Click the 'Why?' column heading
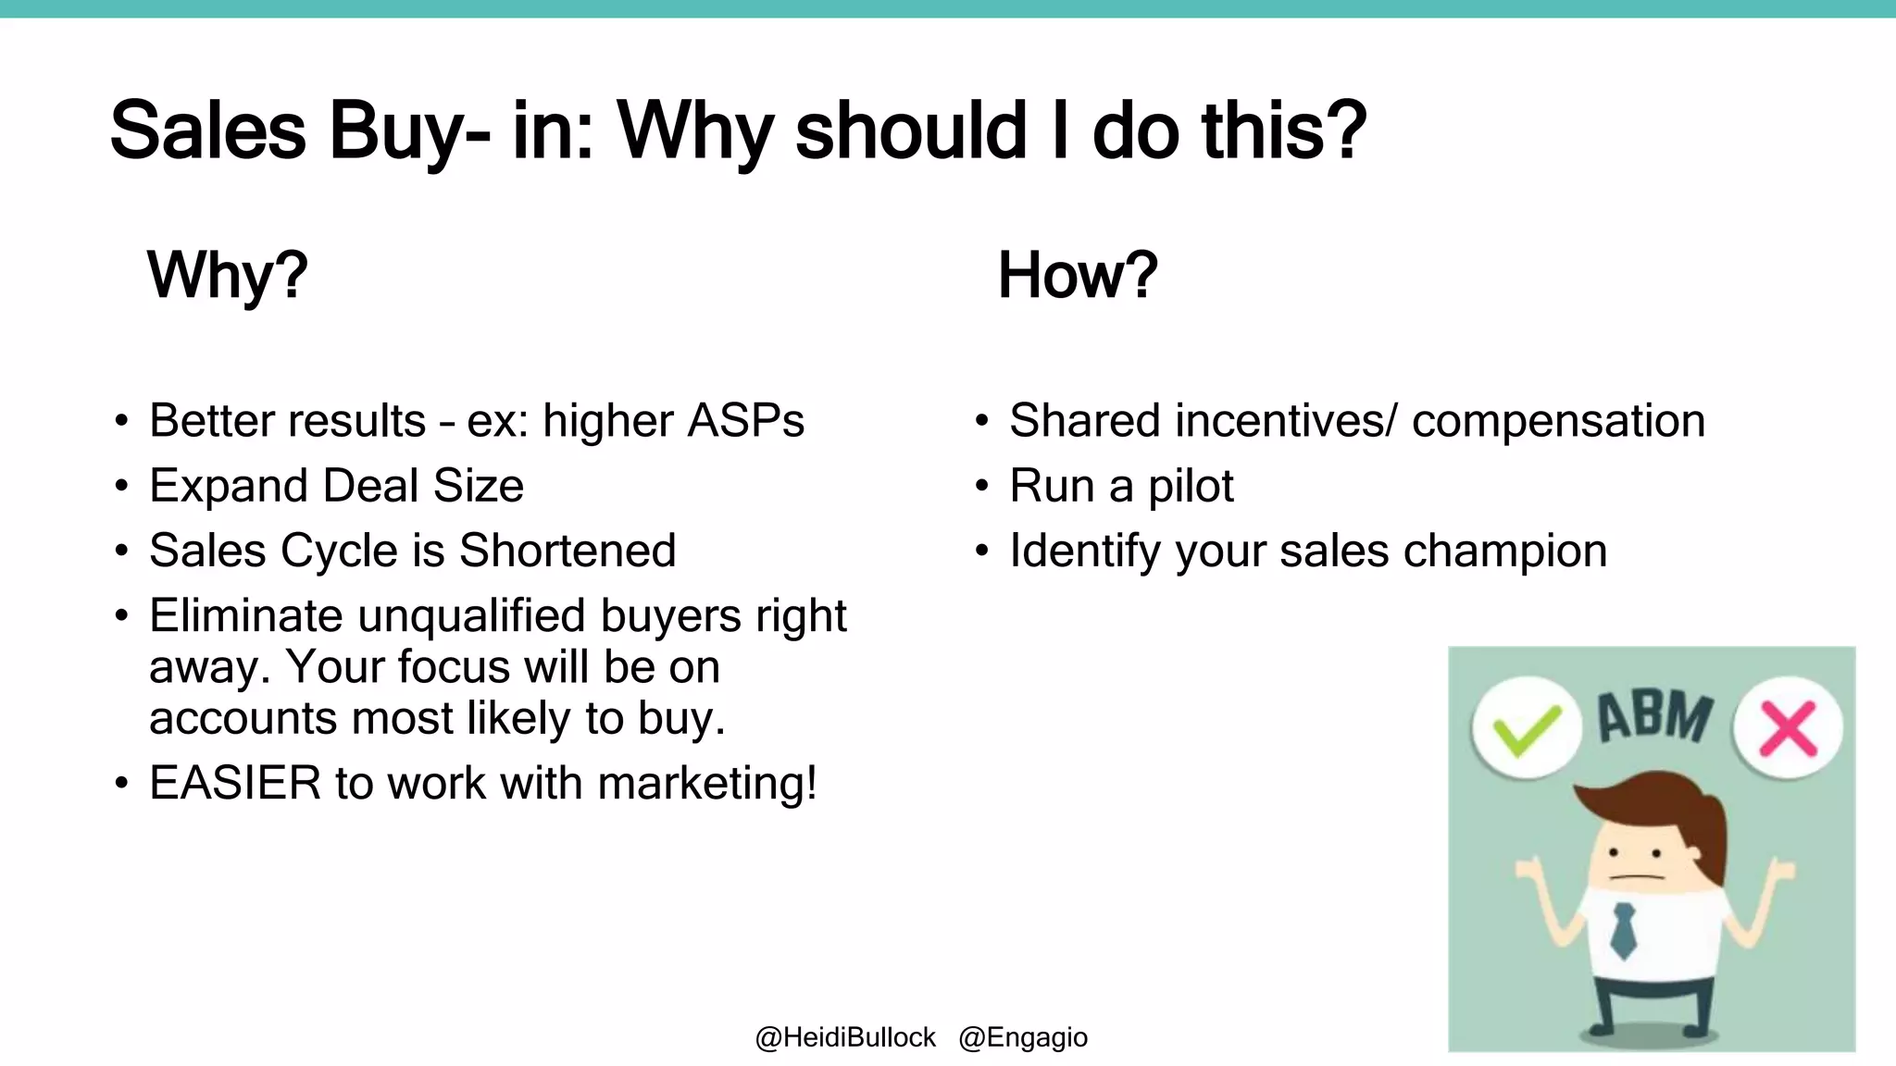pyautogui.click(x=227, y=275)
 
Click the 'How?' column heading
pyautogui.click(x=1077, y=275)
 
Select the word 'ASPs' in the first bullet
pyautogui.click(x=746, y=421)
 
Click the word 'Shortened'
pyautogui.click(x=568, y=551)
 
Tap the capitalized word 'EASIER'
pyautogui.click(x=235, y=783)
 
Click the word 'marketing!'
pyautogui.click(x=707, y=783)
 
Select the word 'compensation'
pyautogui.click(x=1558, y=421)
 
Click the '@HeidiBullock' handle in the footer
pyautogui.click(x=845, y=1037)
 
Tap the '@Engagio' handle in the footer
pyautogui.click(x=1023, y=1037)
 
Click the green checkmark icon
pyautogui.click(x=1526, y=728)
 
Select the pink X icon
pyautogui.click(x=1788, y=728)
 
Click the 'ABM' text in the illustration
pyautogui.click(x=1655, y=717)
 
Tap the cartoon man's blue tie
pyautogui.click(x=1623, y=929)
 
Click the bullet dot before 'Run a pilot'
pyautogui.click(x=982, y=487)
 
